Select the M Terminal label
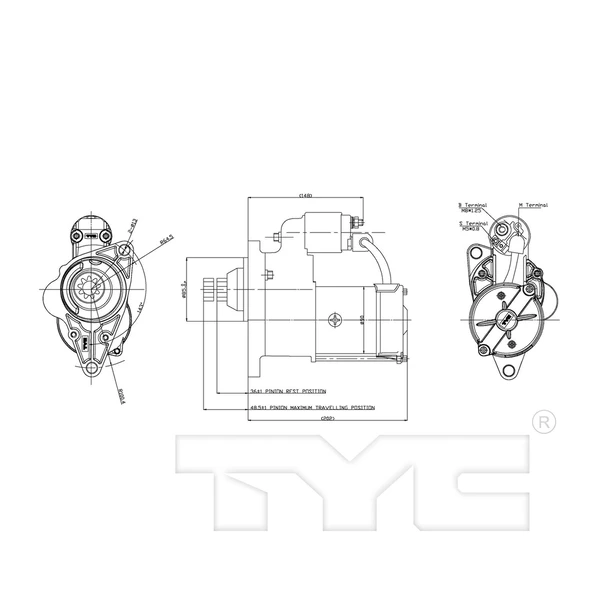[532, 204]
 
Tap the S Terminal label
[471, 225]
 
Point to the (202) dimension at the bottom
[327, 421]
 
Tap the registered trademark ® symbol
[541, 422]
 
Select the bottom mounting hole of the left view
[93, 370]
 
